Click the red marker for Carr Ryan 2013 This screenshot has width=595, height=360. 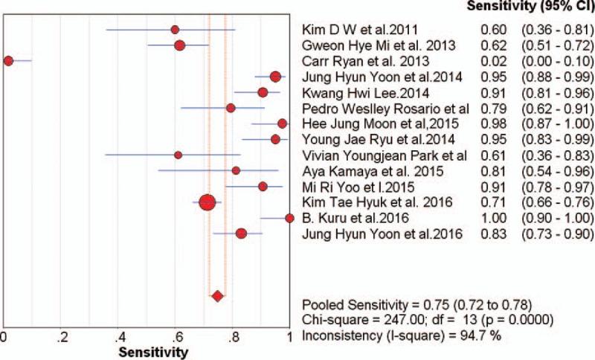[x=8, y=60]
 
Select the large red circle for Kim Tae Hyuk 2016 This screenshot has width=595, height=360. [x=208, y=202]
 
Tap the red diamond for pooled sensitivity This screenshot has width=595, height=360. [x=217, y=296]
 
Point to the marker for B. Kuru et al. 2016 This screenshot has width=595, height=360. [x=289, y=218]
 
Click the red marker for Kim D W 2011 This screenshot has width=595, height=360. [x=175, y=30]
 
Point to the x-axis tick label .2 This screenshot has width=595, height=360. [x=63, y=335]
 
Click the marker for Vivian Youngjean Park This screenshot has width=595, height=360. [x=178, y=155]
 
